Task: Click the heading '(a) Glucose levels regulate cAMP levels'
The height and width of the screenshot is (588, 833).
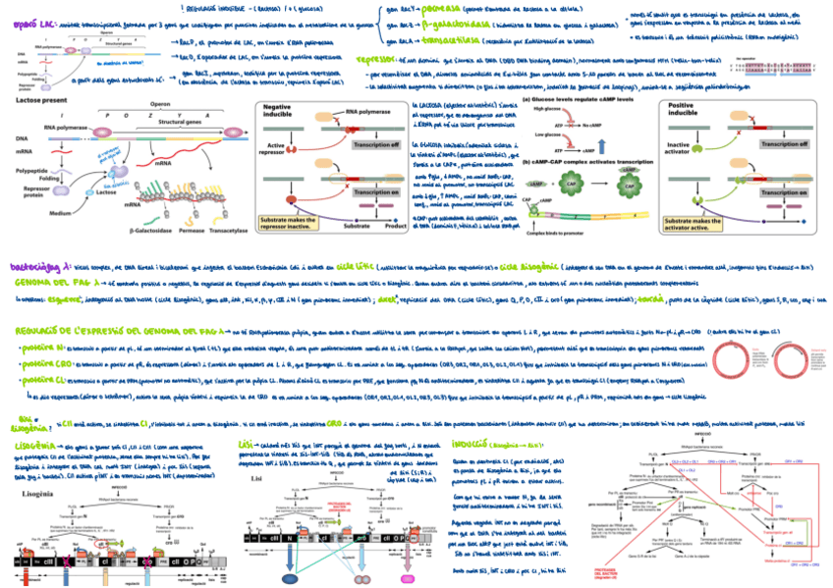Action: [564, 99]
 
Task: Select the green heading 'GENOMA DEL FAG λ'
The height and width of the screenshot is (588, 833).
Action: [50, 281]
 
